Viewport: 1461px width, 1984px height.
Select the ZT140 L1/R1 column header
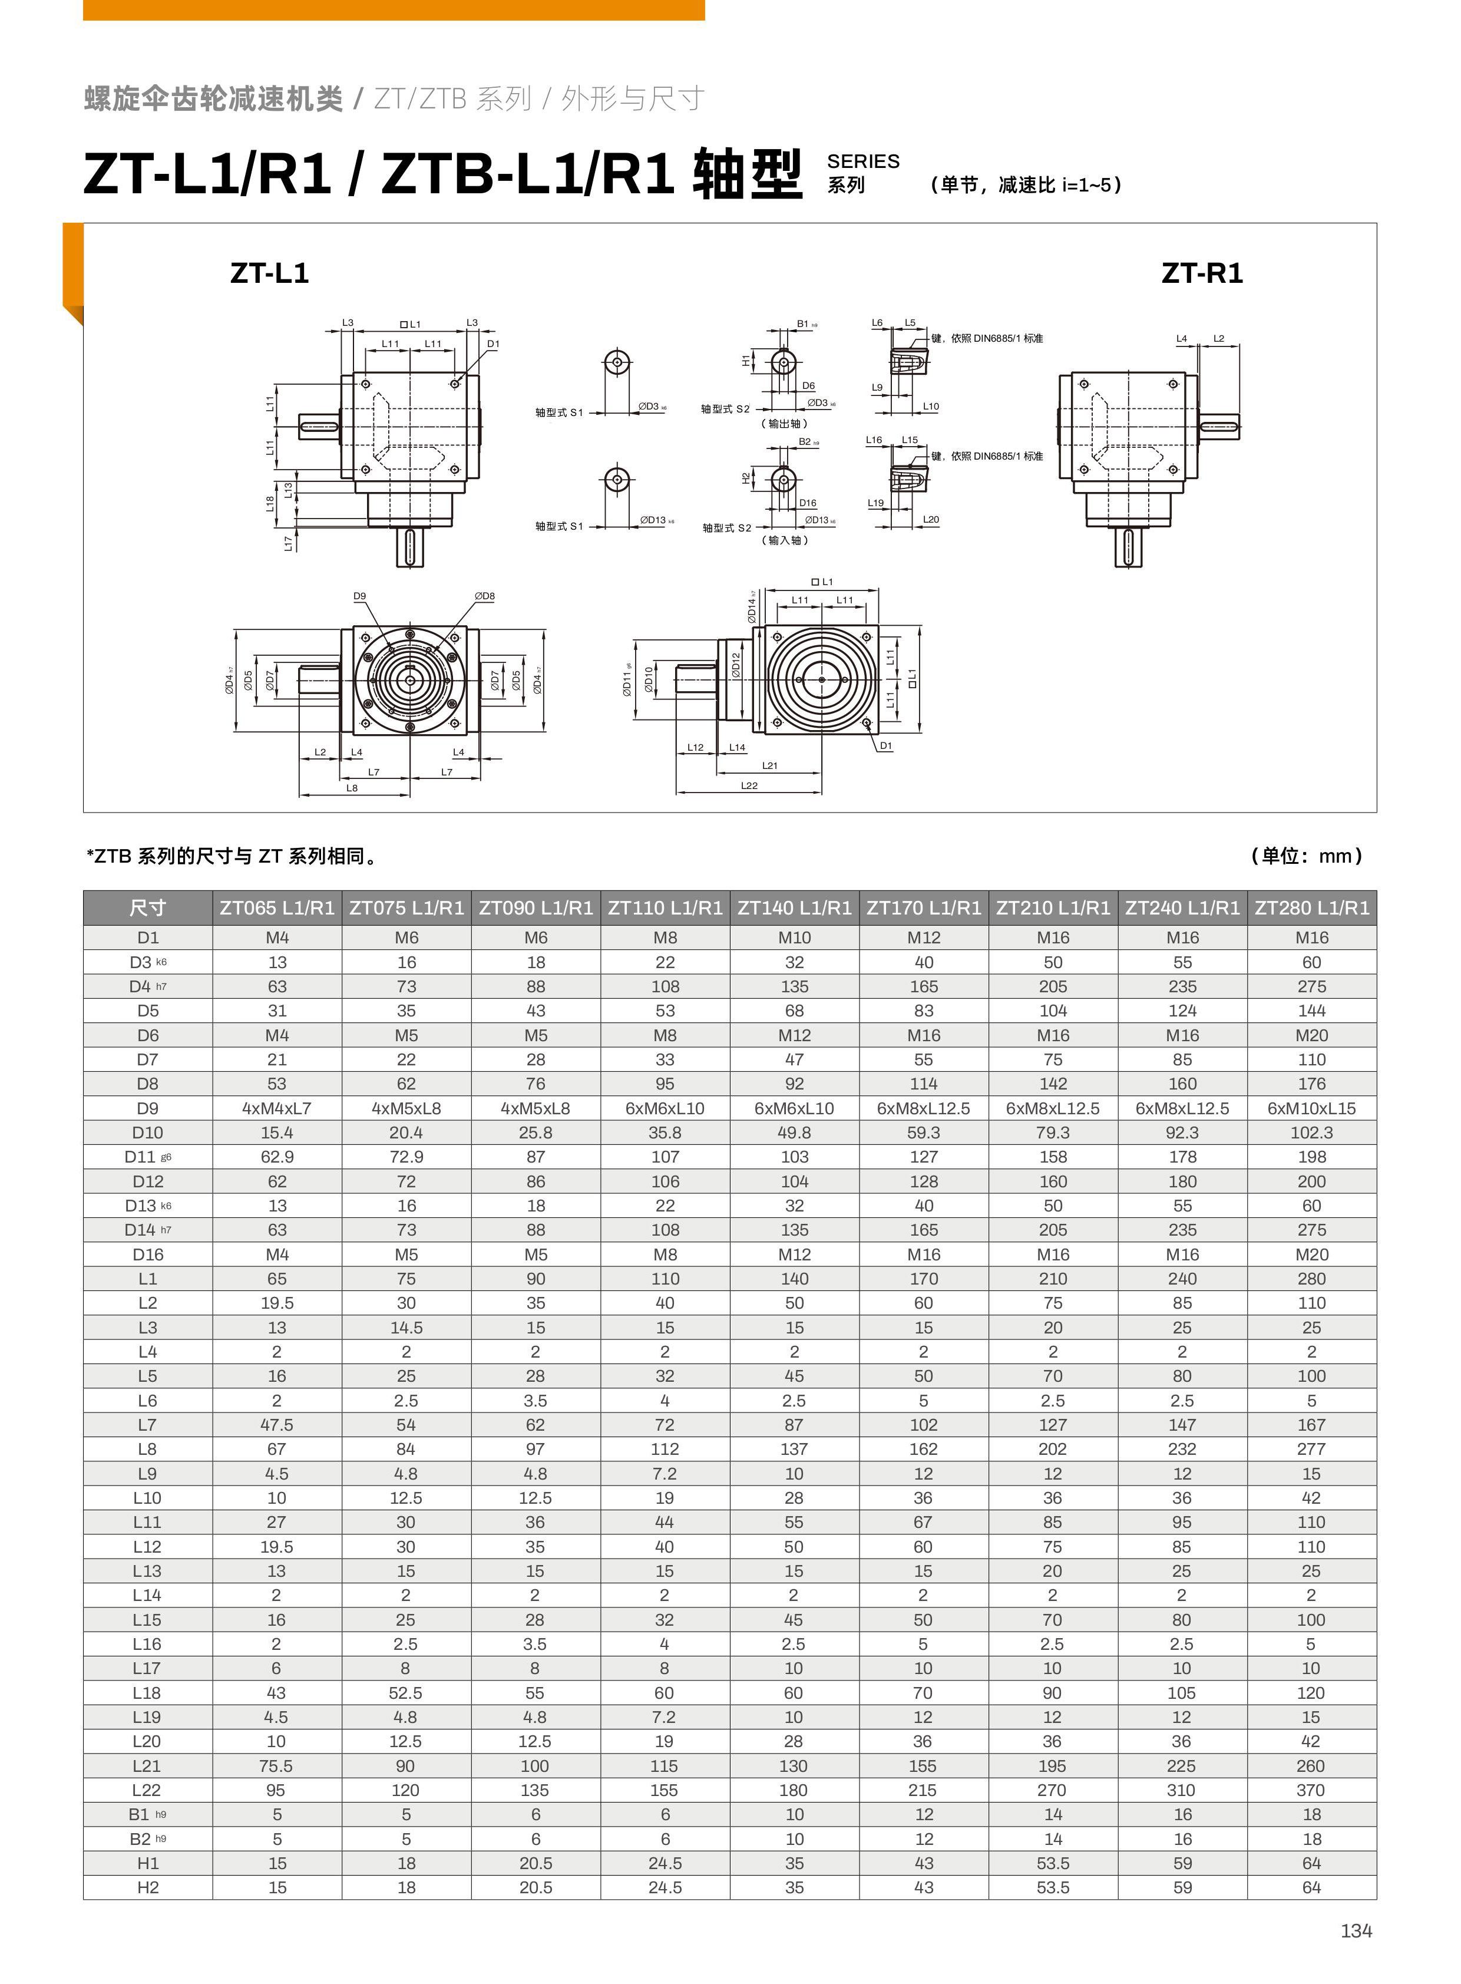(x=794, y=907)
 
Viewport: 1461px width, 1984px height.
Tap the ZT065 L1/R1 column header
(x=277, y=907)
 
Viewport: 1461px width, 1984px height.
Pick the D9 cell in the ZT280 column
(x=1311, y=1108)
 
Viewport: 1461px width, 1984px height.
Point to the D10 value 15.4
(x=277, y=1132)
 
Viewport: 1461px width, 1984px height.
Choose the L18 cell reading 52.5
(x=405, y=1692)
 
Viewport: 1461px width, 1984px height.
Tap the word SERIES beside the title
(x=862, y=161)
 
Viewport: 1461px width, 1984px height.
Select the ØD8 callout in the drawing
(x=485, y=596)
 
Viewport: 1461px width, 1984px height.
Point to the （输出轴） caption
(x=785, y=424)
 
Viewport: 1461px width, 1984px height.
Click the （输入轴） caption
(x=785, y=540)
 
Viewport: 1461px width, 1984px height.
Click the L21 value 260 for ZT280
(x=1311, y=1765)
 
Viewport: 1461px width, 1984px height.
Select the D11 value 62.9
(x=277, y=1157)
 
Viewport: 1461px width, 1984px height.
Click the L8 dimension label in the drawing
(x=352, y=788)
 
